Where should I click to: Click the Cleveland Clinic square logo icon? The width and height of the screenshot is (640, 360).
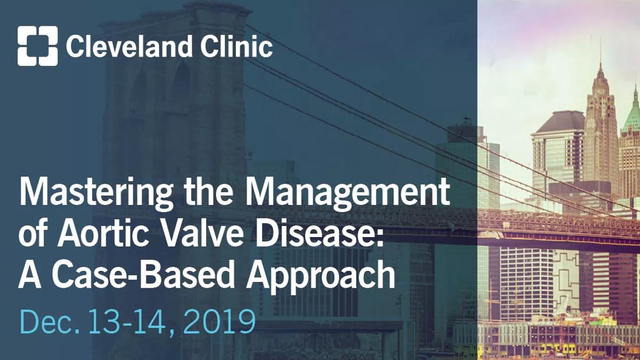click(37, 45)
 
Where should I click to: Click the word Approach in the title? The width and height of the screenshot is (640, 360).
click(320, 276)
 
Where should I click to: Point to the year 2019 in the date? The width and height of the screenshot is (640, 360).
click(219, 322)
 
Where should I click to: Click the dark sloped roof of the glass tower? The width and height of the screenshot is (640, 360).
click(560, 122)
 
